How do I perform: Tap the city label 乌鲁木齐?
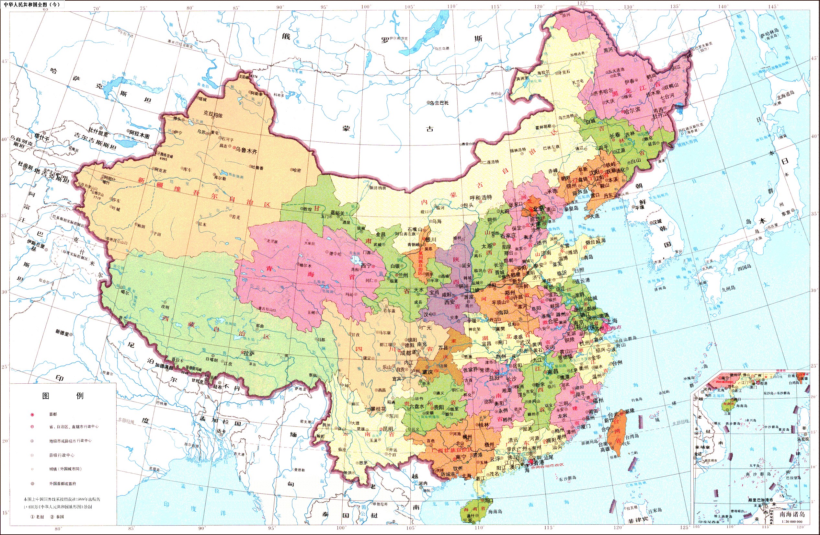tap(246, 151)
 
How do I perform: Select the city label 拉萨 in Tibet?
tap(249, 353)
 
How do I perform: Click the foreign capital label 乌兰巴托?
tap(439, 103)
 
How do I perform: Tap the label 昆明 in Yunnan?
tap(388, 429)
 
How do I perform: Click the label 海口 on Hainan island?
tap(489, 500)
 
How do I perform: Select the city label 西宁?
tap(366, 266)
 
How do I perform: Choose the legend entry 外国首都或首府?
tap(63, 483)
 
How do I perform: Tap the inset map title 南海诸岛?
tap(792, 514)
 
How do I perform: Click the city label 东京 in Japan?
tap(786, 213)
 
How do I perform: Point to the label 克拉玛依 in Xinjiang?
tap(213, 114)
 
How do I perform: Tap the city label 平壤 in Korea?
tap(640, 207)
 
